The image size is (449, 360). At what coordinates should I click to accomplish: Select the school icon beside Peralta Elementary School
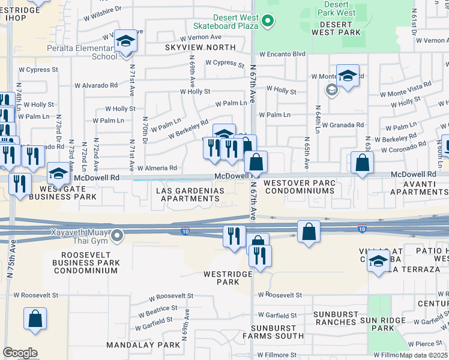[126, 41]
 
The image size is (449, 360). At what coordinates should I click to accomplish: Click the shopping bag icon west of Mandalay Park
[35, 319]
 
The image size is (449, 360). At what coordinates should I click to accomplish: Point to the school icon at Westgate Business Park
[58, 174]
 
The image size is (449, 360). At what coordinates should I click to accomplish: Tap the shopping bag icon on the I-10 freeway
[309, 232]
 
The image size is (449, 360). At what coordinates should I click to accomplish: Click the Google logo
[20, 353]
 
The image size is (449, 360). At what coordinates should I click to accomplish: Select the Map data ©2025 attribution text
[424, 355]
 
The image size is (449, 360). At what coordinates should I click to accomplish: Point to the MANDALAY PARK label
[143, 345]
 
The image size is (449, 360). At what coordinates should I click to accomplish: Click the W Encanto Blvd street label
[281, 53]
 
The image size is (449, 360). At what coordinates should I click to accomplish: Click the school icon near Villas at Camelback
[378, 262]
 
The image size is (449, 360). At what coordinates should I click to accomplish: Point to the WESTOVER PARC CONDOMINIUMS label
[299, 187]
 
